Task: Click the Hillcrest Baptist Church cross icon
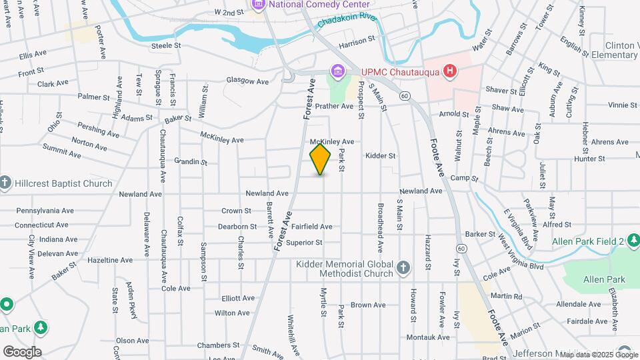pyautogui.click(x=5, y=183)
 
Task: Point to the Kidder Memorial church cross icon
pyautogui.click(x=403, y=268)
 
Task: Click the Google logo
pyautogui.click(x=22, y=351)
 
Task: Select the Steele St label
pyautogui.click(x=166, y=45)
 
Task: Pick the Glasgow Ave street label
pyautogui.click(x=247, y=81)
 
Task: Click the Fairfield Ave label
pyautogui.click(x=311, y=227)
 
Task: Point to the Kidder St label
pyautogui.click(x=381, y=155)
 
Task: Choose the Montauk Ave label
pyautogui.click(x=428, y=337)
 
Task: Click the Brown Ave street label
pyautogui.click(x=368, y=305)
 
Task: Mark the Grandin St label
pyautogui.click(x=191, y=162)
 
